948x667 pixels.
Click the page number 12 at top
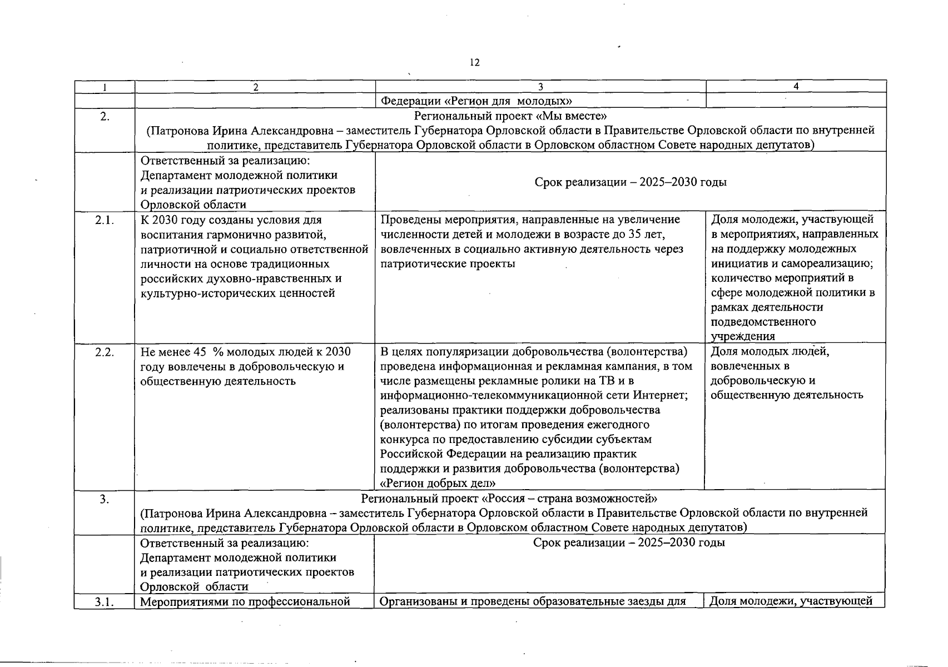(x=474, y=62)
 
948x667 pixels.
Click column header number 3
(x=540, y=87)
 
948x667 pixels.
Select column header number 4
(x=796, y=86)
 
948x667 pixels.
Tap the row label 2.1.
(x=105, y=220)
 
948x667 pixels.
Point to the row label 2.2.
(x=105, y=352)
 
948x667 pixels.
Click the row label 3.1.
(x=105, y=601)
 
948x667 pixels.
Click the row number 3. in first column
(x=105, y=499)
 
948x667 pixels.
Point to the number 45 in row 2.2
(x=199, y=352)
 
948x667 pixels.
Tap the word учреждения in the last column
(x=743, y=336)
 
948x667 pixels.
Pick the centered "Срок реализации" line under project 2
(x=630, y=182)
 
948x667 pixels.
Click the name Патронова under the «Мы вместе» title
(x=176, y=131)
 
